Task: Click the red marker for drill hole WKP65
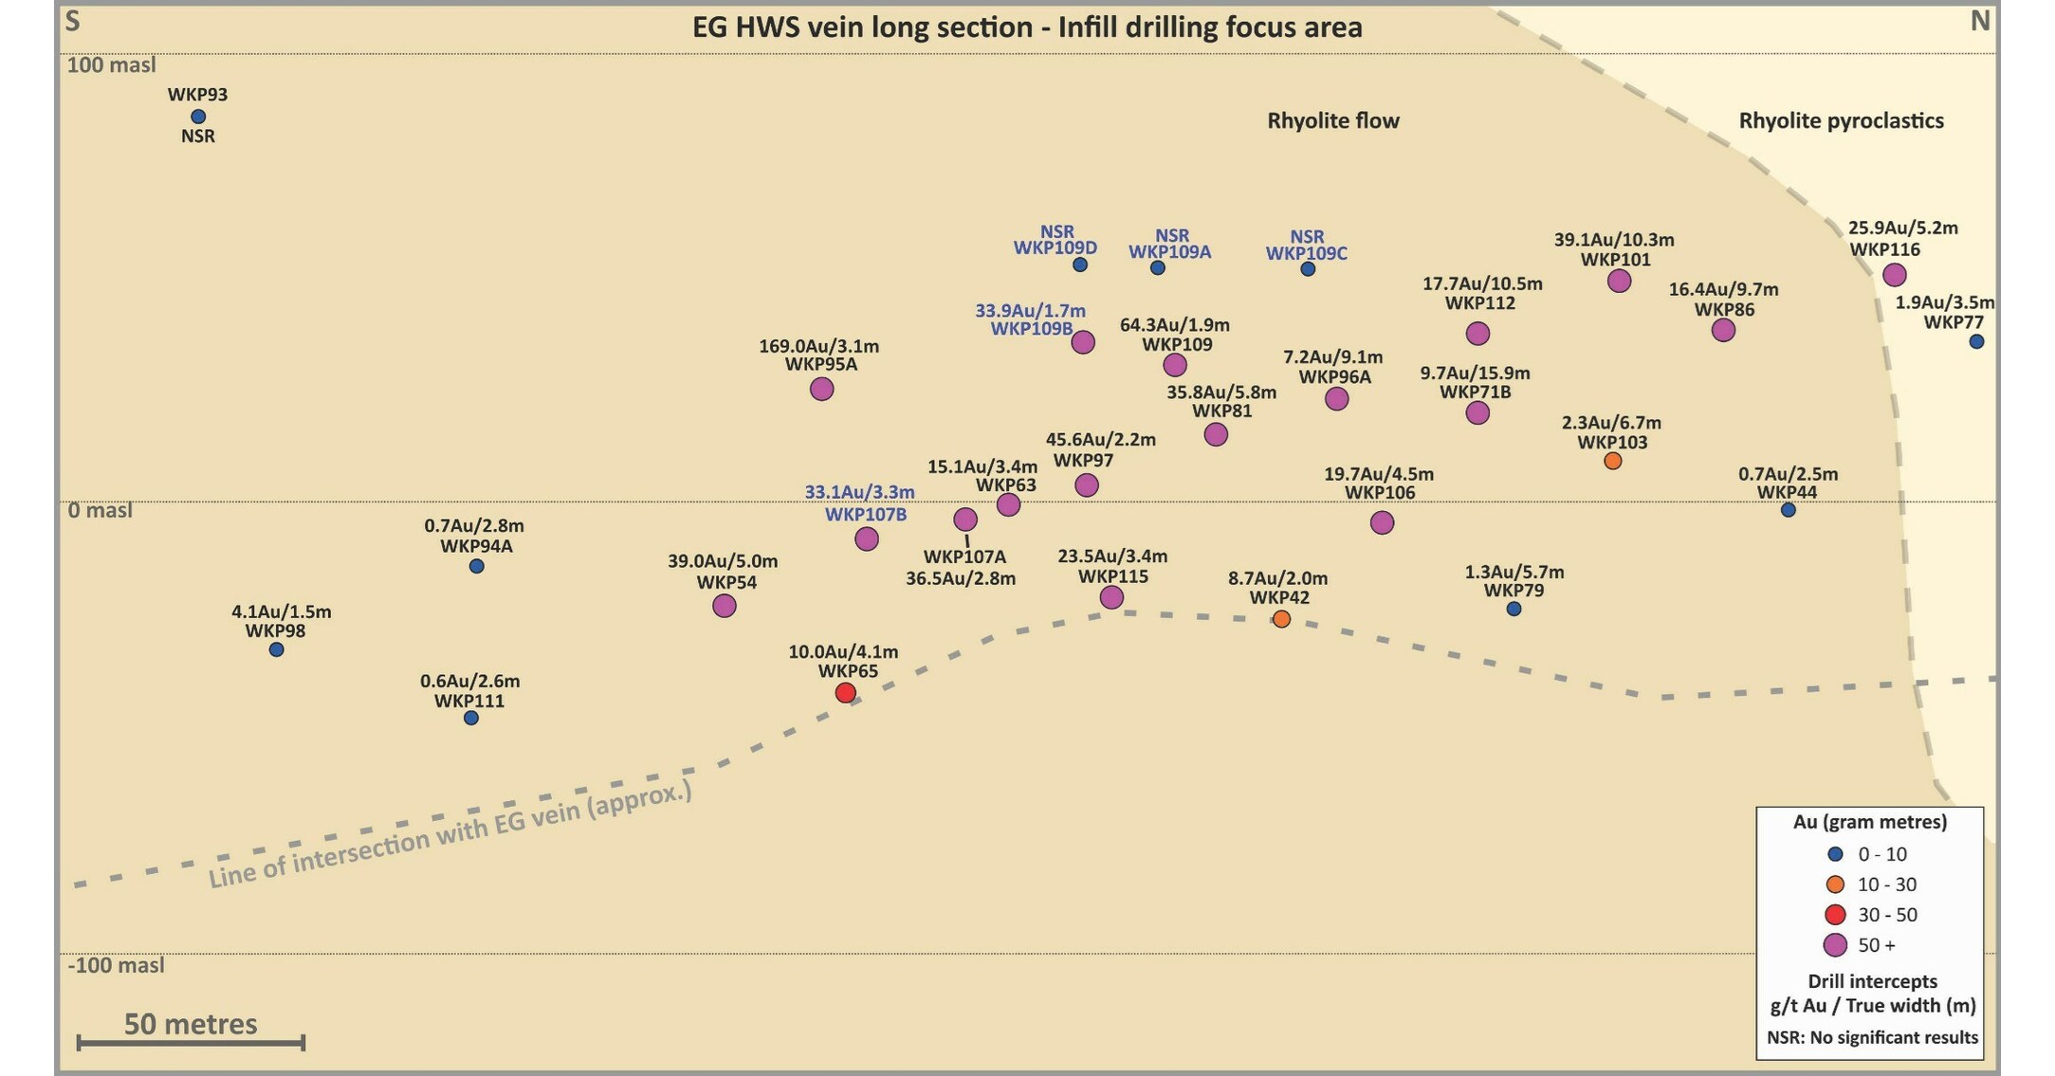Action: tap(845, 693)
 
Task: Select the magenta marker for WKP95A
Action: tap(822, 389)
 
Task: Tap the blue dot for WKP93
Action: tap(198, 117)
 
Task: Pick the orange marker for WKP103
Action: tap(1612, 461)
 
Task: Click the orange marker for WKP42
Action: tap(1281, 619)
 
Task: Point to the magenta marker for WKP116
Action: tap(1894, 275)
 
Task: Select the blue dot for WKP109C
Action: tap(1308, 269)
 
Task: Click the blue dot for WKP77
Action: tap(1976, 341)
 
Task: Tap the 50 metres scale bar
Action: tap(191, 1043)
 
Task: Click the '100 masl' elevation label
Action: tap(112, 65)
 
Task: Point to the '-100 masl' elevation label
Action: tap(116, 965)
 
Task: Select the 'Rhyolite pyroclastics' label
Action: tap(1841, 120)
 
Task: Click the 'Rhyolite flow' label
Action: tap(1333, 120)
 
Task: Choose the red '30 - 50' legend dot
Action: tap(1835, 915)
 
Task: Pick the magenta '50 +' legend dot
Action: tap(1835, 945)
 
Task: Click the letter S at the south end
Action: tap(72, 21)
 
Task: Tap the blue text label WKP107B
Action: tap(865, 515)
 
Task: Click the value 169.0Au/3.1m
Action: tap(818, 346)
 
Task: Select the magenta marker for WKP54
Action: tap(724, 605)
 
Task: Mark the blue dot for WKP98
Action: tap(276, 649)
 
